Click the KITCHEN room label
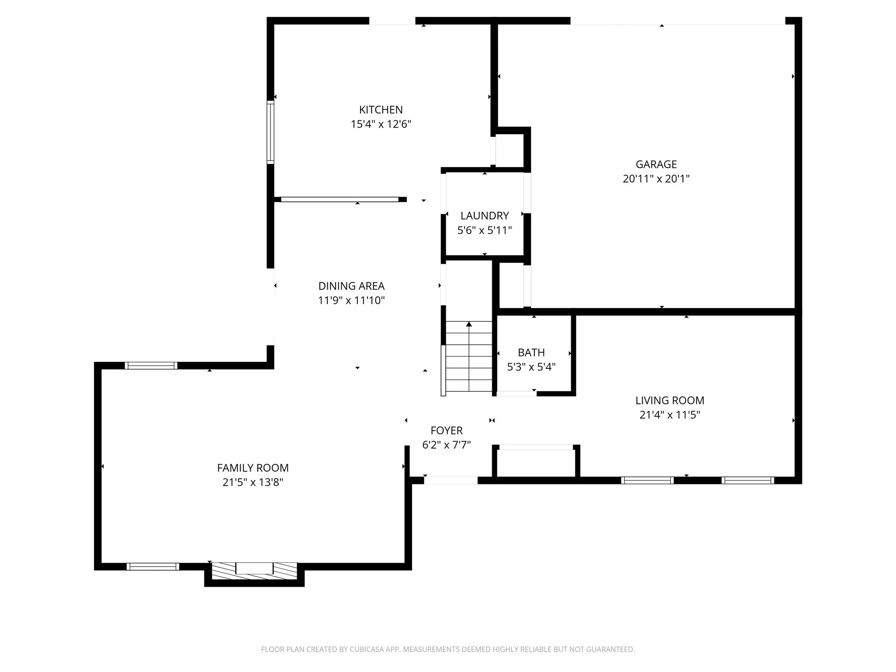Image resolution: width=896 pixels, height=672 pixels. pyautogui.click(x=381, y=109)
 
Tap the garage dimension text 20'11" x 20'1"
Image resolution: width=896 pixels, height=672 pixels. pyautogui.click(x=656, y=178)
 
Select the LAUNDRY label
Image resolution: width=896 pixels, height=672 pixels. pyautogui.click(x=484, y=216)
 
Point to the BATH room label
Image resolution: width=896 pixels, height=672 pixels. pyautogui.click(x=531, y=352)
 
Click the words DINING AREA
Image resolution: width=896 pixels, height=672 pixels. pyautogui.click(x=351, y=286)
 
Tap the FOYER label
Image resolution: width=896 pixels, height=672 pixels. pyautogui.click(x=446, y=430)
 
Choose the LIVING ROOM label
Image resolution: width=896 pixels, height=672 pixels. pyautogui.click(x=669, y=400)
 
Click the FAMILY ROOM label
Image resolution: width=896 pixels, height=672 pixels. pyautogui.click(x=253, y=468)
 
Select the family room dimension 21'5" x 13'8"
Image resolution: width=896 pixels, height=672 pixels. pyautogui.click(x=253, y=482)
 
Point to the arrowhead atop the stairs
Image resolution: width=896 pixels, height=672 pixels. pyautogui.click(x=469, y=324)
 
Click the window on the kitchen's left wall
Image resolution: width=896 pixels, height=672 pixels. pyautogui.click(x=270, y=132)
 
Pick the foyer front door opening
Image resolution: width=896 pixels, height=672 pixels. pyautogui.click(x=451, y=480)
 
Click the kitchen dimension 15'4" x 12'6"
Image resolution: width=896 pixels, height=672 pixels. pyautogui.click(x=381, y=124)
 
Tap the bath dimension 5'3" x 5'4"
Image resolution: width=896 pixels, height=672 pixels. pyautogui.click(x=531, y=367)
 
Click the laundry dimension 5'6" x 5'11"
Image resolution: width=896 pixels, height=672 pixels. pyautogui.click(x=484, y=230)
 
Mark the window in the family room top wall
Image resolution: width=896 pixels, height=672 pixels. pyautogui.click(x=151, y=365)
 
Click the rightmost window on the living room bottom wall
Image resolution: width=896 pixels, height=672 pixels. pyautogui.click(x=747, y=480)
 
